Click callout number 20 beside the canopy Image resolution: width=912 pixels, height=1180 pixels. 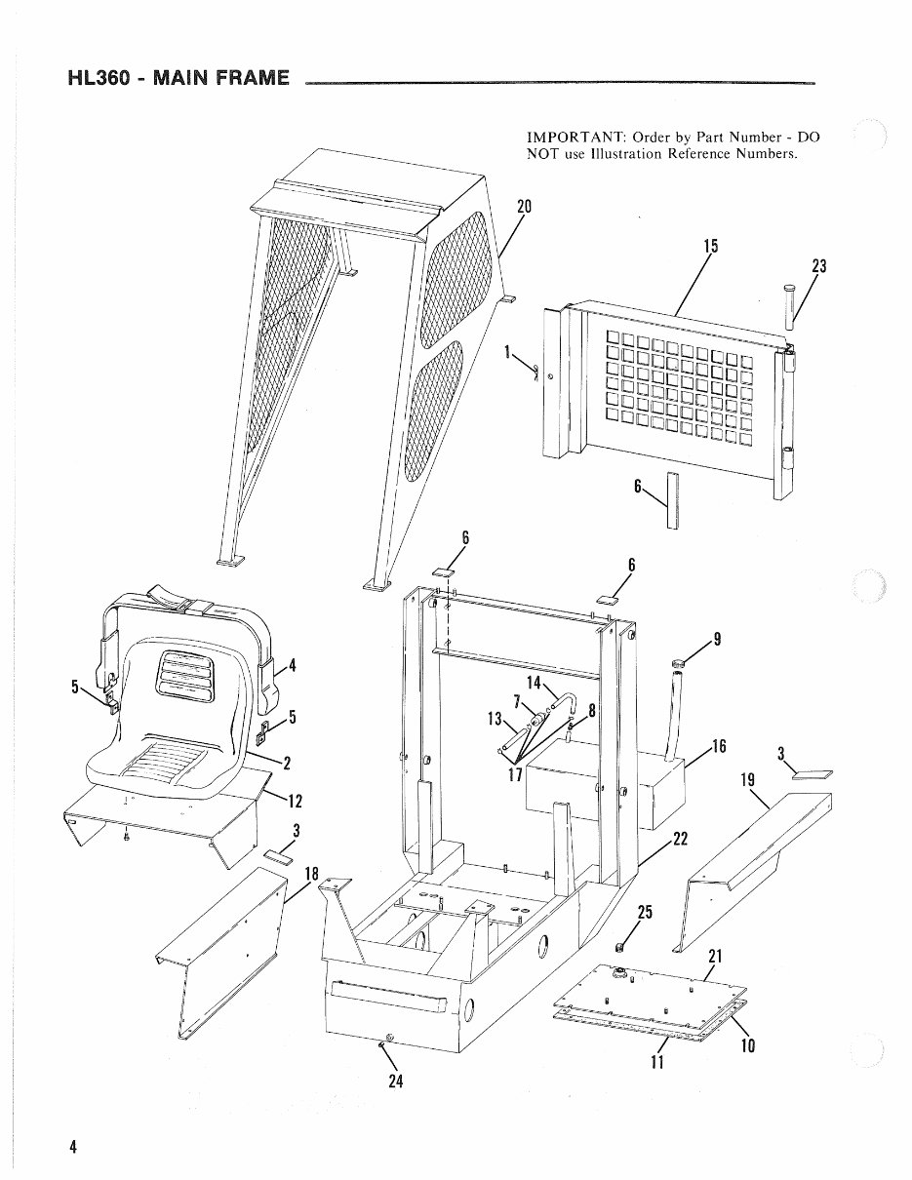point(524,206)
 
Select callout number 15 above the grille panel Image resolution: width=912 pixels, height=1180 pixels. point(710,247)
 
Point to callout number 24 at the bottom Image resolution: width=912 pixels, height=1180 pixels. point(396,1082)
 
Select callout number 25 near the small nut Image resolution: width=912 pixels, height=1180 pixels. point(644,913)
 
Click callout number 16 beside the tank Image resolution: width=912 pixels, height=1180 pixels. point(719,746)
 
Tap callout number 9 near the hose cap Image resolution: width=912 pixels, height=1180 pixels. point(717,640)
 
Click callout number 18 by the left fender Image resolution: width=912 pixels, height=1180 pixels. point(312,873)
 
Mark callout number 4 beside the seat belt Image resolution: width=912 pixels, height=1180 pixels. point(292,667)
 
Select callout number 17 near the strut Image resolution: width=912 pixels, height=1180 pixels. point(514,776)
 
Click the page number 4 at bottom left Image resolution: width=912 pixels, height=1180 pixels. point(73,1147)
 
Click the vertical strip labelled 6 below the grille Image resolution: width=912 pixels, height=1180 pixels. point(671,500)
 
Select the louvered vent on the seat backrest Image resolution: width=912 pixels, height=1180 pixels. point(183,674)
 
